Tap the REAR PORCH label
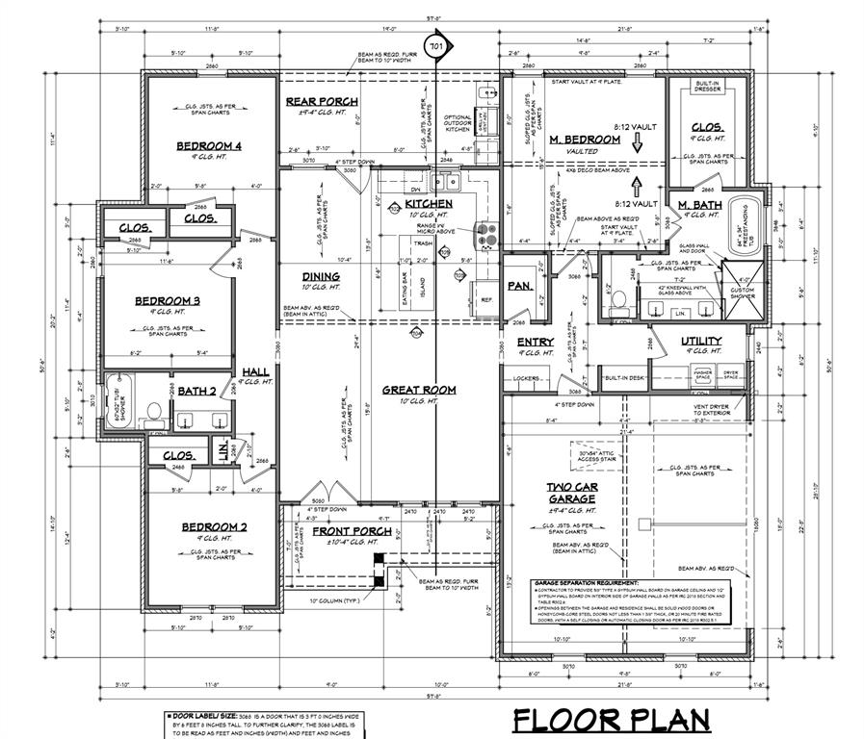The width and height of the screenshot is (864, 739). pyautogui.click(x=322, y=101)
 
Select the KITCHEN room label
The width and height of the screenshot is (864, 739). pyautogui.click(x=428, y=205)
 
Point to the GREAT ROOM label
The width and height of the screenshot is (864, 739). pyautogui.click(x=419, y=390)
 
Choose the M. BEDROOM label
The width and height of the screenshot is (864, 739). pyautogui.click(x=585, y=140)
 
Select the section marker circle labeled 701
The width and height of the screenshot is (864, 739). pyautogui.click(x=437, y=45)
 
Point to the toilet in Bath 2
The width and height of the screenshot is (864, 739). pyautogui.click(x=151, y=414)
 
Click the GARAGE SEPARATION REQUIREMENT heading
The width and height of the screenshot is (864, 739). pyautogui.click(x=586, y=584)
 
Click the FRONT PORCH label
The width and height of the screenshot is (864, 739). pyautogui.click(x=351, y=531)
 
